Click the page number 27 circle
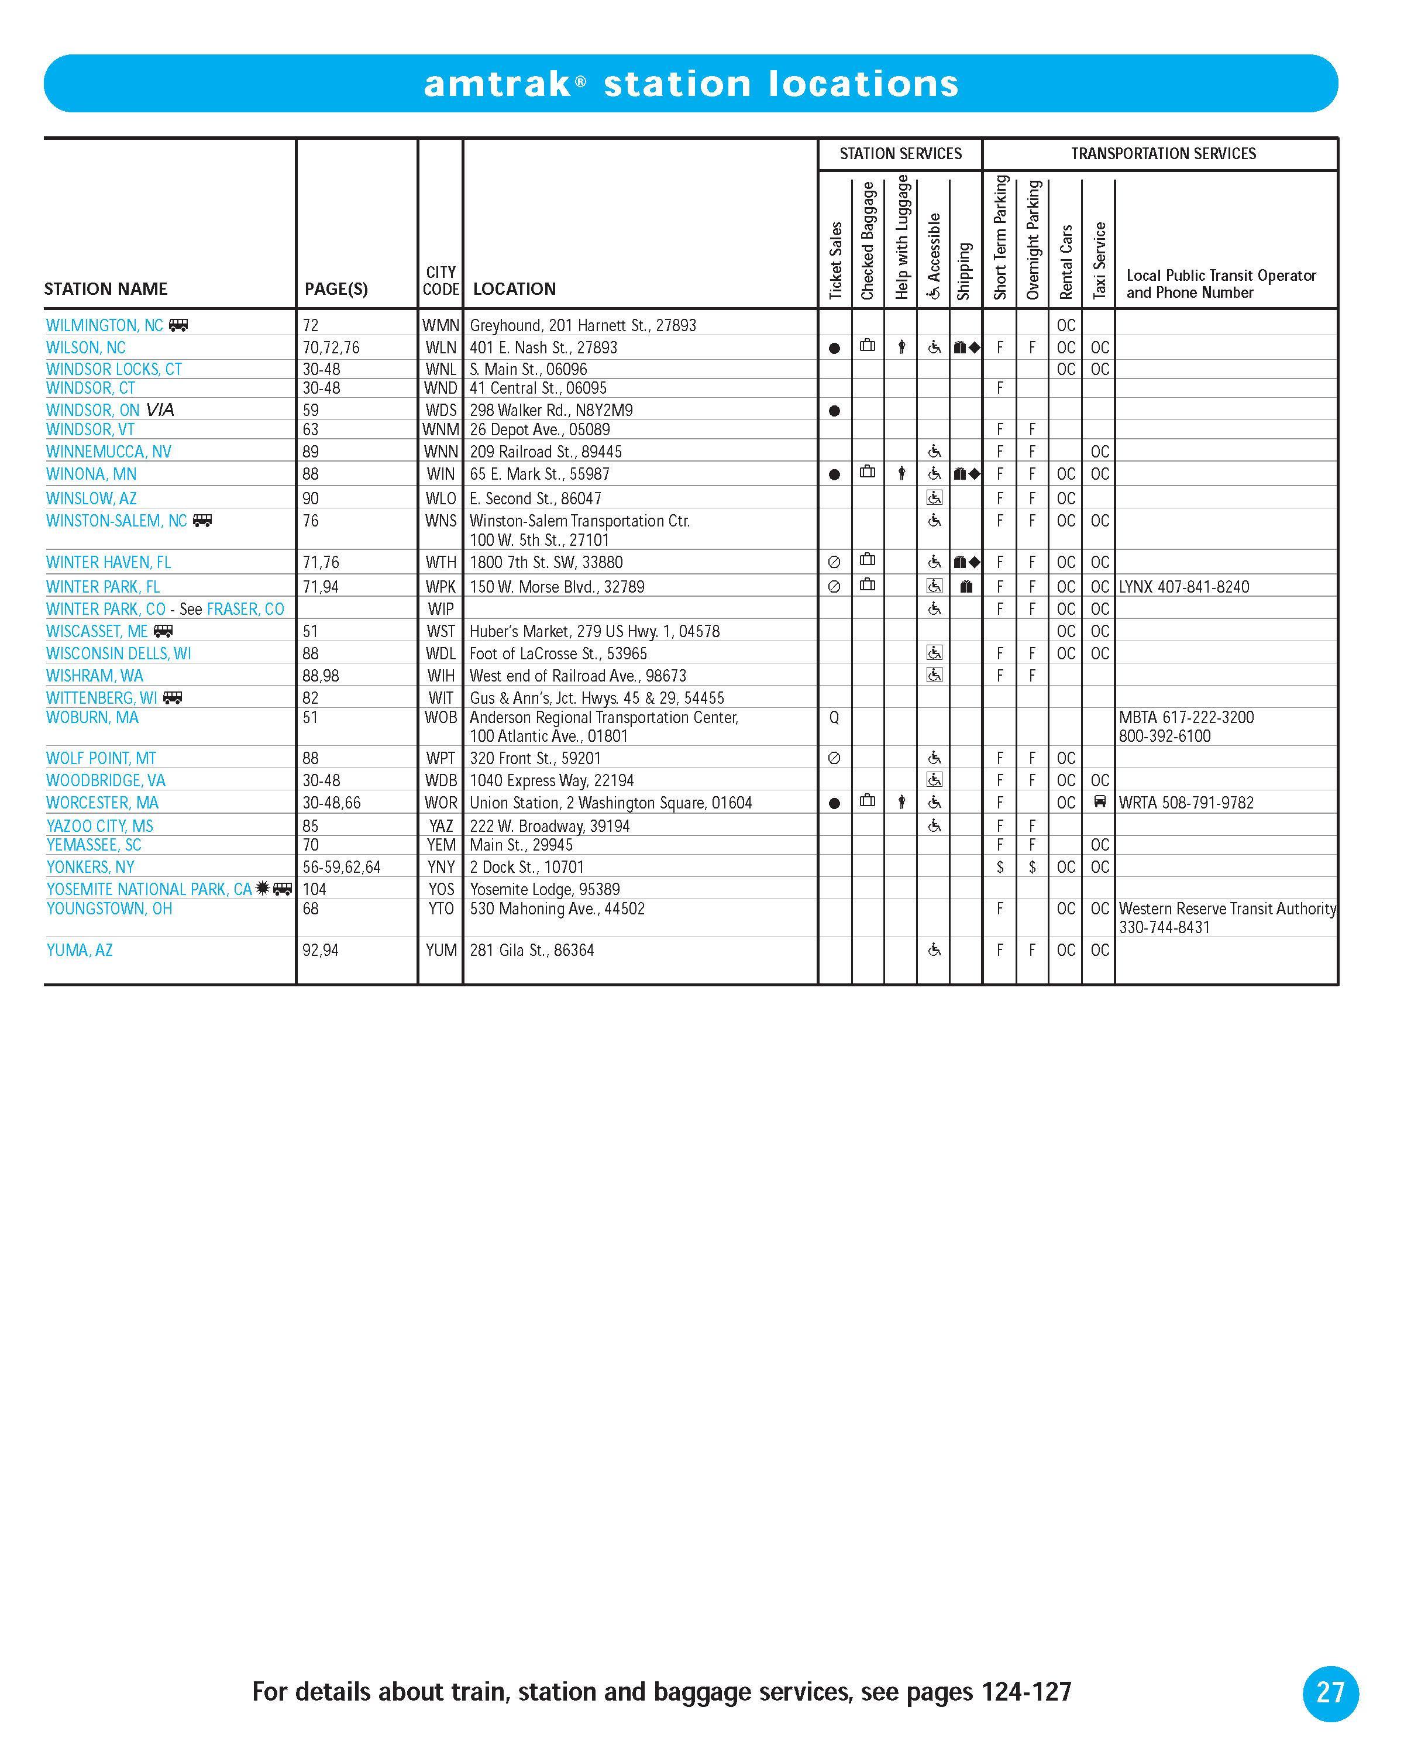(x=1330, y=1692)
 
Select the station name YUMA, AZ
(x=80, y=950)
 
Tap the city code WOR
(x=441, y=803)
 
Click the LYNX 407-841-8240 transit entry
(x=1183, y=587)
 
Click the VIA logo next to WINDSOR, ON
(x=160, y=410)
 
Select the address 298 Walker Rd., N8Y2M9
(x=551, y=410)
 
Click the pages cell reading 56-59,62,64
(x=341, y=867)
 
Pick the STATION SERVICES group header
(x=900, y=154)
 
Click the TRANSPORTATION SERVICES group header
(x=1163, y=154)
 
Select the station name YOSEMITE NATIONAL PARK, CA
(x=149, y=889)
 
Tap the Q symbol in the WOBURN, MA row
(x=834, y=718)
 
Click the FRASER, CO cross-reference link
(x=245, y=609)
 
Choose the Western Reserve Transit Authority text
(x=1227, y=909)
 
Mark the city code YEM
(x=441, y=845)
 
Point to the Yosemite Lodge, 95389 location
(x=545, y=889)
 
